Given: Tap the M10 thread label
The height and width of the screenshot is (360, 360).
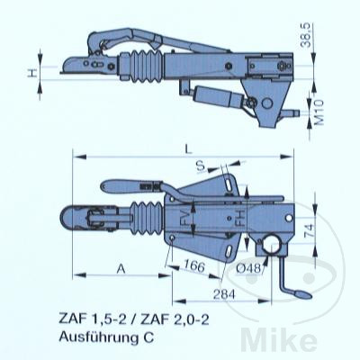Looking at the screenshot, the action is (x=319, y=112).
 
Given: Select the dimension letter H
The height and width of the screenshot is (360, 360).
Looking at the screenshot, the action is (x=32, y=73).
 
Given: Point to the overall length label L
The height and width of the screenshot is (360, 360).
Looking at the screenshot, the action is (x=188, y=149).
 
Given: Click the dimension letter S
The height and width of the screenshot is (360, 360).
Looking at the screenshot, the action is (x=201, y=166).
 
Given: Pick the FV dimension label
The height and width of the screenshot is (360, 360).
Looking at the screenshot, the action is (x=185, y=219).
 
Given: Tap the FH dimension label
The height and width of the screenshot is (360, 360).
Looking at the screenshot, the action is (x=240, y=220).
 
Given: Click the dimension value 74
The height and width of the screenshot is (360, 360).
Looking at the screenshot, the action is (x=309, y=230).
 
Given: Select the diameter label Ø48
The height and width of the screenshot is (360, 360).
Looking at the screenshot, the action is (x=248, y=268).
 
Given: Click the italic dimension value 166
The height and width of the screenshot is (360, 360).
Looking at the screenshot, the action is (x=194, y=265).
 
